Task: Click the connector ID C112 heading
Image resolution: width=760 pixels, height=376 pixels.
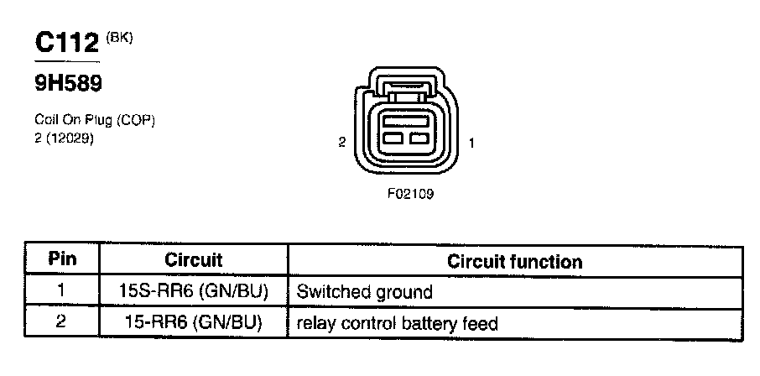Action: click(x=66, y=44)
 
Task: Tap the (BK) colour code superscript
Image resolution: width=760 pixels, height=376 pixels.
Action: click(x=120, y=38)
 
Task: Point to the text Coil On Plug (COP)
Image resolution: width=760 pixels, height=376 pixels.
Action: click(x=95, y=121)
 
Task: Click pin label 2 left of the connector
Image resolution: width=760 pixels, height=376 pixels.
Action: click(x=341, y=143)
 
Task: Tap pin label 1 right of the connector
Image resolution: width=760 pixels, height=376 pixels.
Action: click(x=472, y=143)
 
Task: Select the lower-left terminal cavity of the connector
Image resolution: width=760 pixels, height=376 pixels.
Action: click(x=393, y=138)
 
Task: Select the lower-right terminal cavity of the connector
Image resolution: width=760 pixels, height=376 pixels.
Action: click(x=419, y=138)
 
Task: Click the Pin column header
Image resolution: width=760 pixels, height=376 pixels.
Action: click(x=62, y=260)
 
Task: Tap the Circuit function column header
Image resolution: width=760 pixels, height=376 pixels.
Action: click(x=514, y=261)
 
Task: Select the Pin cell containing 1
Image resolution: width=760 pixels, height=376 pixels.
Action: click(x=62, y=292)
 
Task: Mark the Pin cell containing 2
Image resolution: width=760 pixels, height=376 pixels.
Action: click(x=62, y=322)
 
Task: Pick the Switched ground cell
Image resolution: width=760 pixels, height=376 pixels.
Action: click(x=365, y=292)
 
